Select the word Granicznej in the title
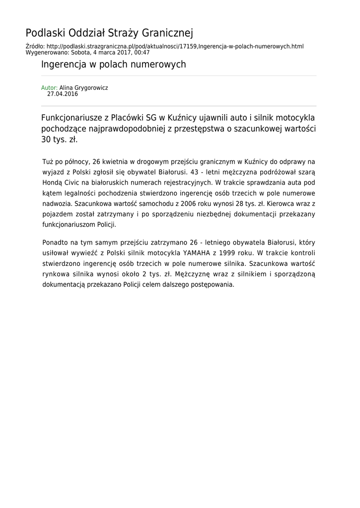tap(168, 33)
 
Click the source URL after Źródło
tap(174, 46)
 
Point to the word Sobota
tap(81, 52)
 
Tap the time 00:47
tap(142, 52)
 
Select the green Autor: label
tap(49, 88)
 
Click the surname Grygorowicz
tap(91, 88)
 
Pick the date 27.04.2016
tap(63, 94)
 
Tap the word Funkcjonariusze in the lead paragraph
tap(72, 118)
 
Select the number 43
tap(198, 172)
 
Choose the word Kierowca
tap(285, 203)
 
